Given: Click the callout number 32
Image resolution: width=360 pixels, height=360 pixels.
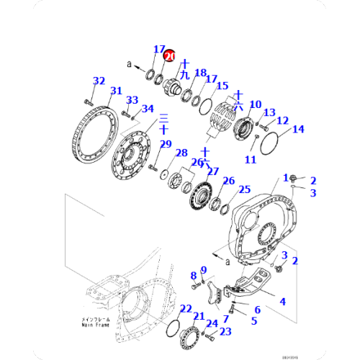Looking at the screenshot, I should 99,81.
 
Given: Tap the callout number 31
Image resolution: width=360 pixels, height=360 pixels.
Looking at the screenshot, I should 115,91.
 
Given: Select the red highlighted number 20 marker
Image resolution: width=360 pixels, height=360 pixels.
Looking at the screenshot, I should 170,55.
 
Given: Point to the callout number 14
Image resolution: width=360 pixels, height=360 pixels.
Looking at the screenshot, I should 297,130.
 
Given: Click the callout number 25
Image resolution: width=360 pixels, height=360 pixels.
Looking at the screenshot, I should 245,189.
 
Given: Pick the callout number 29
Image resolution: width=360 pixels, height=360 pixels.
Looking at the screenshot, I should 166,145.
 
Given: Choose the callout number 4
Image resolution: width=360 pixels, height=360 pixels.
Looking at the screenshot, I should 282,301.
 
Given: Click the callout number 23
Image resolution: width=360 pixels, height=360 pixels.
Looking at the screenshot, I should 226,332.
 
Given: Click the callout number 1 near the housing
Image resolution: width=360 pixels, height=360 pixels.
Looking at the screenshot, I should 285,177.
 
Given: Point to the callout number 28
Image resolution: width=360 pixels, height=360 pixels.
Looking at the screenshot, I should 181,153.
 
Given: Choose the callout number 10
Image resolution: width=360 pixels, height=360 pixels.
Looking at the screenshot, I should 254,105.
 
